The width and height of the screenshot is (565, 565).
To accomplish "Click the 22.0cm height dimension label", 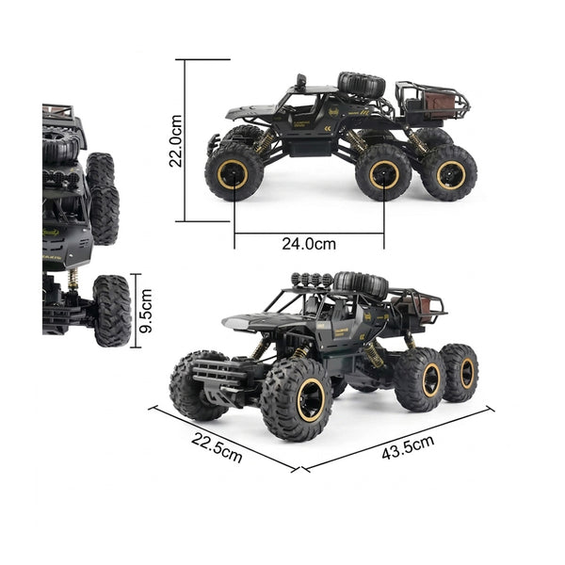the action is [175, 140].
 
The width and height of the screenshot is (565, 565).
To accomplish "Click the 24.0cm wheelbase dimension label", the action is [309, 244].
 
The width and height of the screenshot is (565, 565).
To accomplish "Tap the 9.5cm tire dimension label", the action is [146, 311].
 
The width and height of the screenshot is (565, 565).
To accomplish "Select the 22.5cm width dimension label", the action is [217, 447].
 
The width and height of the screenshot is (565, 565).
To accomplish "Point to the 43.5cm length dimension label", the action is [408, 447].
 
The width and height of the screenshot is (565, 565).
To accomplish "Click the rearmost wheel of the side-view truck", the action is [450, 173].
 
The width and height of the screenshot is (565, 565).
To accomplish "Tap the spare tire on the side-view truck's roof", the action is [361, 84].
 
